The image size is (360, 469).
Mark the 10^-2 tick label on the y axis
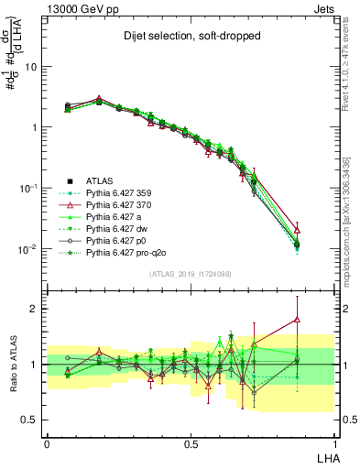[28, 248]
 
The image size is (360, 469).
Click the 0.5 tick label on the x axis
[191, 442]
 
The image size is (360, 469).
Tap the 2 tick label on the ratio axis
[34, 309]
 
